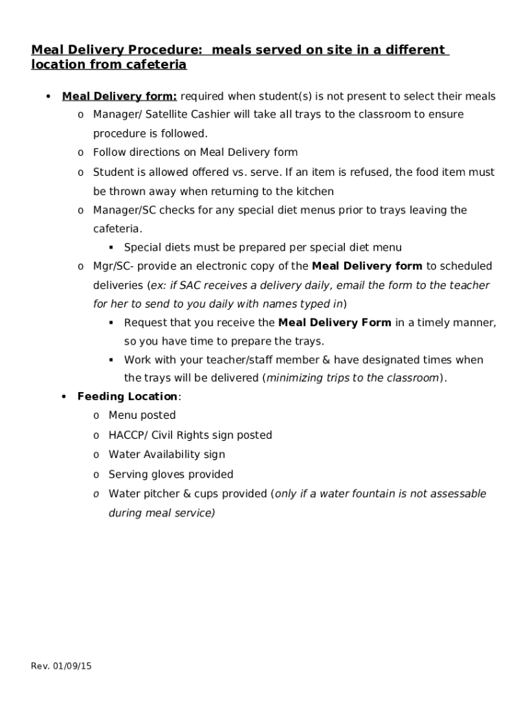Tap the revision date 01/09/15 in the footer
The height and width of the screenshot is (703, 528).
(x=71, y=666)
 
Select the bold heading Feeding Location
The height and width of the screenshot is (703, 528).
(x=127, y=396)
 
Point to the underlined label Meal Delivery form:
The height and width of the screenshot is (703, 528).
(x=119, y=96)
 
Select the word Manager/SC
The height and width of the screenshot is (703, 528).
(x=123, y=210)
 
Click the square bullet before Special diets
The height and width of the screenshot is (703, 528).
(x=111, y=247)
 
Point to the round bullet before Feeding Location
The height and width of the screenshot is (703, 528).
(x=64, y=396)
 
